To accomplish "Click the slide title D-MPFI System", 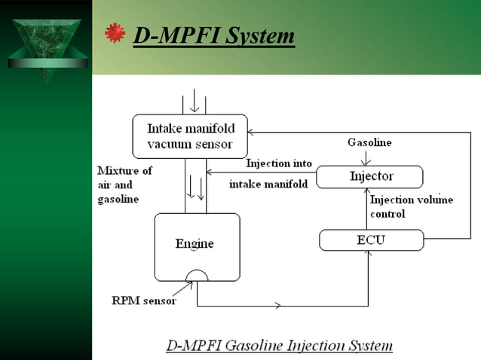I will click(213, 35).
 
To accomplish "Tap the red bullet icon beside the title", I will click(115, 33).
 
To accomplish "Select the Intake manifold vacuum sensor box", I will click(189, 136).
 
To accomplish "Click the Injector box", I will click(369, 177).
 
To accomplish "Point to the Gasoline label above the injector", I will click(369, 142).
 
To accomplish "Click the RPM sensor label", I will click(144, 301).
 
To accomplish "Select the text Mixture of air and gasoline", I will click(124, 185).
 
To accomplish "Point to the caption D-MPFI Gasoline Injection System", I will click(279, 346).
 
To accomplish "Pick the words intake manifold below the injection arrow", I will click(268, 184).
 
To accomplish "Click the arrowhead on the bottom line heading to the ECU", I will click(279, 306).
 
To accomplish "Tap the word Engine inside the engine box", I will click(195, 243).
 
